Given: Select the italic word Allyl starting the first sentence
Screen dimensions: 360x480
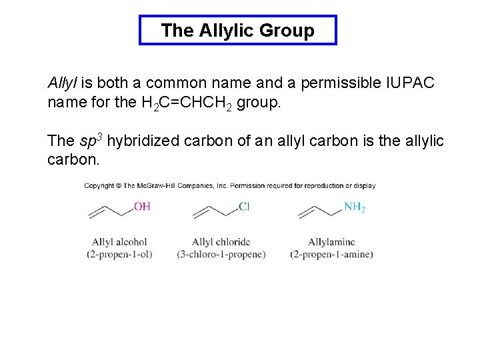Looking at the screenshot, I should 63,83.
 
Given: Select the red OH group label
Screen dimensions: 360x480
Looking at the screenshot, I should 142,207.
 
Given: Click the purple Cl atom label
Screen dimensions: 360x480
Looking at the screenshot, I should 243,207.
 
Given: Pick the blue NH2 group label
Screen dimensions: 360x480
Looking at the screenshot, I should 354,207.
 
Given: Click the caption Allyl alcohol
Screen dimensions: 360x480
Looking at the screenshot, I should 119,242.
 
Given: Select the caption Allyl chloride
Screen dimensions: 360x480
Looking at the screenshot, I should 221,242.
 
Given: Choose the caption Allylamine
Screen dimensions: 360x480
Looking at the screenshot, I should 331,242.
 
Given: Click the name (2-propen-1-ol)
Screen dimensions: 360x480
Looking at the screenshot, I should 119,254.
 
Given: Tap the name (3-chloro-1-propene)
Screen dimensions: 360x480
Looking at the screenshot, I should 221,254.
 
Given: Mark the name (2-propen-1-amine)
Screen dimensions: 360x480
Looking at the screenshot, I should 331,254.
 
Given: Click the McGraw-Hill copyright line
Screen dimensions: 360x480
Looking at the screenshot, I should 229,186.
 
